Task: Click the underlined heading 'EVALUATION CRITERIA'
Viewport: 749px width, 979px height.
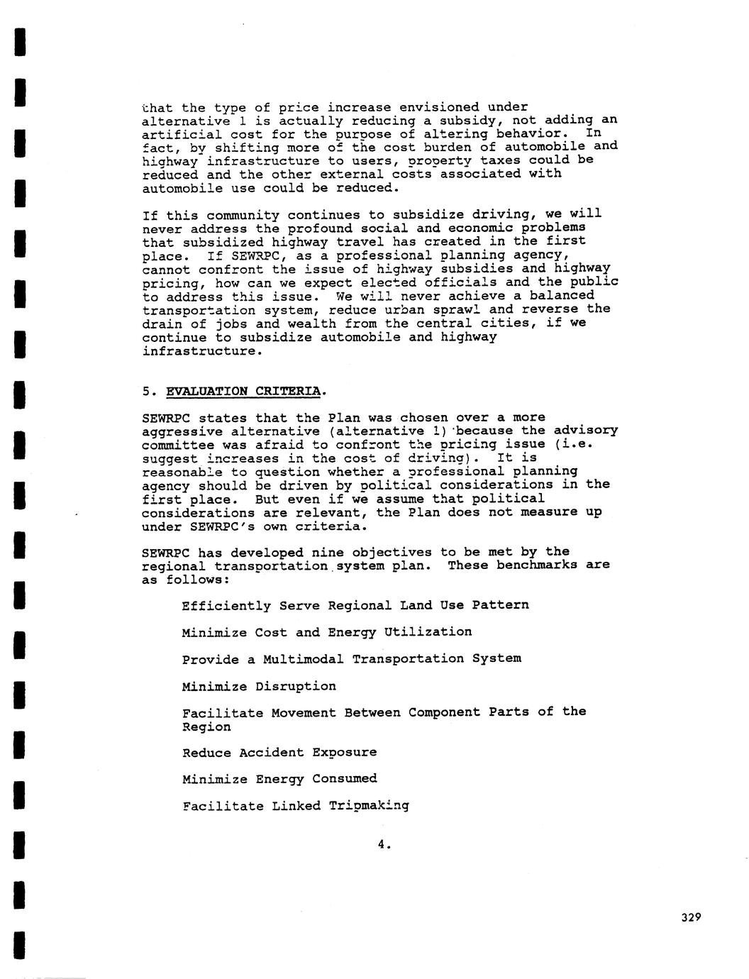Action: tap(245, 391)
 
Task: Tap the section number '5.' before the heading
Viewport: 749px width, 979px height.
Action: tap(150, 391)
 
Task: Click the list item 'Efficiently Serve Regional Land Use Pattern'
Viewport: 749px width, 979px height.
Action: tap(355, 605)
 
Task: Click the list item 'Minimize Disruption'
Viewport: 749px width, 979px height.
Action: tap(258, 686)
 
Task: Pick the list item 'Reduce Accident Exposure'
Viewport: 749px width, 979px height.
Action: tap(279, 752)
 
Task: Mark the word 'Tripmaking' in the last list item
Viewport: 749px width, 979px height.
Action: tap(369, 806)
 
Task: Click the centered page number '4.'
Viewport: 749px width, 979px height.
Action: tap(384, 844)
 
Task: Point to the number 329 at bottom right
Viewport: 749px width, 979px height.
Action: tap(690, 917)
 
